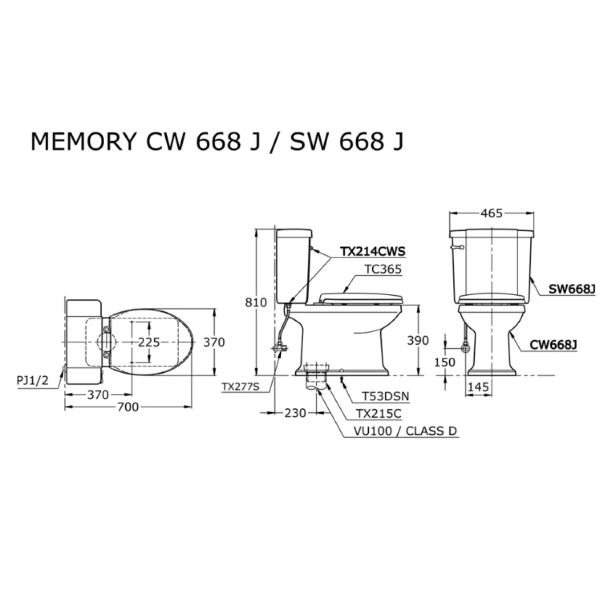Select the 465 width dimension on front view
(x=491, y=213)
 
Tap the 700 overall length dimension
(x=128, y=407)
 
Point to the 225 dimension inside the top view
(x=149, y=342)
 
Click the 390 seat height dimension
(x=418, y=341)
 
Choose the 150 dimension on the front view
(x=445, y=362)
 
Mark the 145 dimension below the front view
(x=478, y=387)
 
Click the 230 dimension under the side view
(x=295, y=413)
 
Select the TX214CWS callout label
(x=373, y=252)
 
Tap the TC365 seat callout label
(x=383, y=269)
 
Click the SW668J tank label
(x=572, y=289)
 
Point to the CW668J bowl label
(x=554, y=345)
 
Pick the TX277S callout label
(x=241, y=387)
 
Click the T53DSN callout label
(x=385, y=396)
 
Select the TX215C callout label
(x=379, y=414)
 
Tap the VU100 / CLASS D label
(x=405, y=431)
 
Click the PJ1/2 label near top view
(x=32, y=381)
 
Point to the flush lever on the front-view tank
(x=457, y=248)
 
